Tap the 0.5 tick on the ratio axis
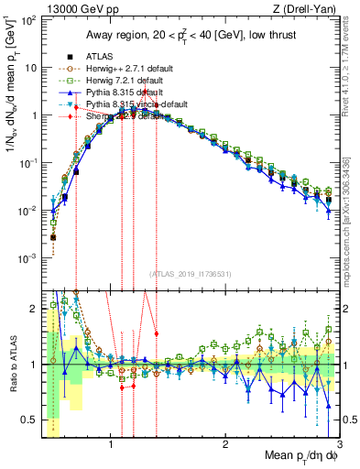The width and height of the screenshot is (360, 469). (x=30, y=420)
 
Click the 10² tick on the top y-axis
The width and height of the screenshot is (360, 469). (x=28, y=21)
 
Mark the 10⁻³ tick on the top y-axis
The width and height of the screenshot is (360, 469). (x=28, y=258)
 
